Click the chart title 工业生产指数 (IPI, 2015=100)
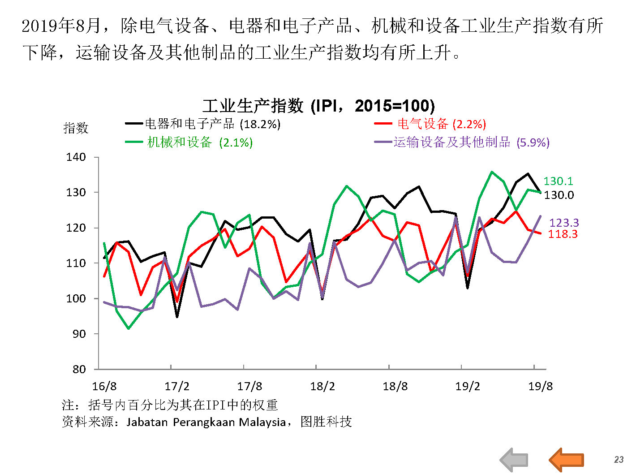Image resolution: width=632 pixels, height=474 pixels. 318,106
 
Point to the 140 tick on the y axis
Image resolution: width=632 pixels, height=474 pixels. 76,157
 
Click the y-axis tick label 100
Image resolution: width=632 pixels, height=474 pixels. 76,299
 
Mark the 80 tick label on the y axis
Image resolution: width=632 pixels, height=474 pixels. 79,370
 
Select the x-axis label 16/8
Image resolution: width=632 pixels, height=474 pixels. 104,386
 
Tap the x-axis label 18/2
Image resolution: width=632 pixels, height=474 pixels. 322,386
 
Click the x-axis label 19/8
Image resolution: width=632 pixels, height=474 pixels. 540,386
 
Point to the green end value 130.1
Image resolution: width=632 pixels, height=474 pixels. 558,181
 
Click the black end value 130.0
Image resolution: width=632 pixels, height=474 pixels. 559,195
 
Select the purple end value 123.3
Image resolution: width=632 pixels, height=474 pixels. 564,223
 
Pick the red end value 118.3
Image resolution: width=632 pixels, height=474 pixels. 563,234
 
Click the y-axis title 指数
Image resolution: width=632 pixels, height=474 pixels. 76,129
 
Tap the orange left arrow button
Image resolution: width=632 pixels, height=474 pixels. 566,460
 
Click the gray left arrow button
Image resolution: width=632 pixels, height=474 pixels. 514,460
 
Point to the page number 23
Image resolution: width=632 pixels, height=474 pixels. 619,460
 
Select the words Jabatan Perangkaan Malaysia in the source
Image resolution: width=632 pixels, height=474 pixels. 206,422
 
